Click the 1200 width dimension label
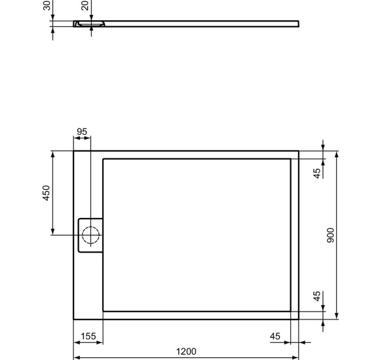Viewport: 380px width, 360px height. (x=186, y=351)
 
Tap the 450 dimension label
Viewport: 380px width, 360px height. (x=47, y=192)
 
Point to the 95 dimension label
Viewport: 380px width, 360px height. (x=82, y=132)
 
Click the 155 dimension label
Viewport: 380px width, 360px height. (x=88, y=336)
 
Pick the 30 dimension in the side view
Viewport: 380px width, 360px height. (x=47, y=6)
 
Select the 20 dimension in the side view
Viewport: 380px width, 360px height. (x=85, y=6)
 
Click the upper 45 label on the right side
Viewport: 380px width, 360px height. (x=316, y=173)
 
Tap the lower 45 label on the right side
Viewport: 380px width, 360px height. (x=316, y=297)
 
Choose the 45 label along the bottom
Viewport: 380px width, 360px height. (x=275, y=336)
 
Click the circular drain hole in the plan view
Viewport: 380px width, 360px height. (x=90, y=234)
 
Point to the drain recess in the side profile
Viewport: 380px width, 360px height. (x=88, y=24)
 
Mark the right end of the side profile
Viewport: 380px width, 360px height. (x=299, y=24)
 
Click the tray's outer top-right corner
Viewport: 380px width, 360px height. (x=299, y=151)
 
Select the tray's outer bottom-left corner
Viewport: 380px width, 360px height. (x=73, y=319)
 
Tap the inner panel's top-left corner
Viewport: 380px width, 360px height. (x=104, y=158)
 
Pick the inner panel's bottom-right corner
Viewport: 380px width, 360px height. (x=291, y=311)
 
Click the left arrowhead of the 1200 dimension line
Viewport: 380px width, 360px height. (x=76, y=358)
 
